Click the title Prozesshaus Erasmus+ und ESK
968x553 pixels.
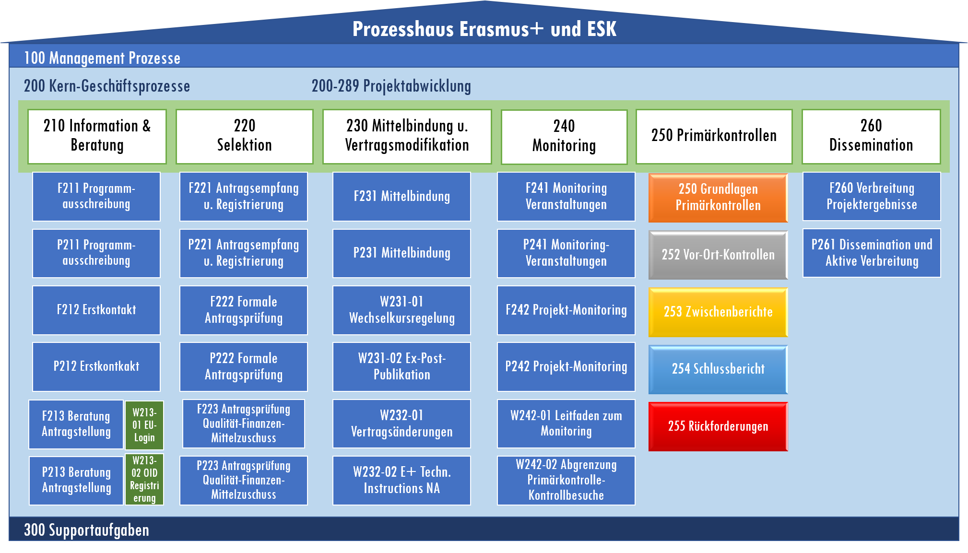484,29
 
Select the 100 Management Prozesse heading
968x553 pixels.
102,58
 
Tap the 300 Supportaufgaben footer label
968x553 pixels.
86,530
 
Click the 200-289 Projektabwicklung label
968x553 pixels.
391,86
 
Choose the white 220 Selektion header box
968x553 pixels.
244,136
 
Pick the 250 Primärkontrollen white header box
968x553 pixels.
714,136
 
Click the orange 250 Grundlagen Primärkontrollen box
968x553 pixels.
718,198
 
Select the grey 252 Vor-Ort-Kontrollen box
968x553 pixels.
718,255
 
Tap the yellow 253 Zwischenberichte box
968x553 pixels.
718,312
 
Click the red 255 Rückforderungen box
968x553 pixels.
718,426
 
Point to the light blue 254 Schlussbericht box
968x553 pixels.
718,369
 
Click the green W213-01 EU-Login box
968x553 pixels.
144,425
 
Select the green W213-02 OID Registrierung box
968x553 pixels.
144,479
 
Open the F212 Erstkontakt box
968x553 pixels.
96,310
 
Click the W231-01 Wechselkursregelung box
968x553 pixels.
401,310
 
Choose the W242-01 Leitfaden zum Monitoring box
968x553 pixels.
566,424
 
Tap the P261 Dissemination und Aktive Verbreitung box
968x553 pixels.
872,253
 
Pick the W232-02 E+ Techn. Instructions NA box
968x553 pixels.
401,480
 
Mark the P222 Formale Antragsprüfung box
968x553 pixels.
244,366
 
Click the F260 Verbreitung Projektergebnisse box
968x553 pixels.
872,196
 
